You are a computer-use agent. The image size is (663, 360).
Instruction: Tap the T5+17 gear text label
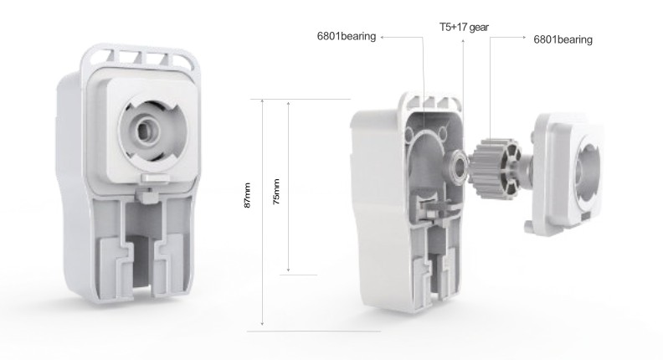click(464, 27)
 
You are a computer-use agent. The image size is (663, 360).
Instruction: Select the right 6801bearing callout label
click(563, 39)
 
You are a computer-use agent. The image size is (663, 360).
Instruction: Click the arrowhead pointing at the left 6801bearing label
click(381, 36)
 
